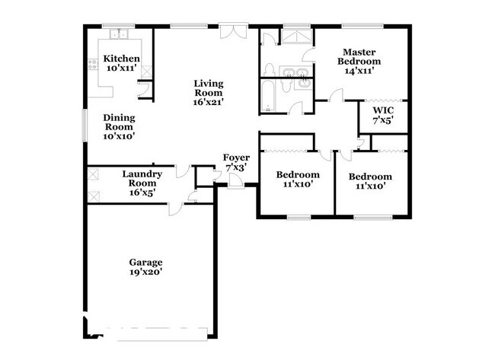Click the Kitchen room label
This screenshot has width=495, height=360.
(x=122, y=59)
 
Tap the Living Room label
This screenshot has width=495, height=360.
(x=208, y=88)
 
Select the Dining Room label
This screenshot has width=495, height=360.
(x=119, y=123)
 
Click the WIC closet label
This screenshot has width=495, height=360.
(x=382, y=111)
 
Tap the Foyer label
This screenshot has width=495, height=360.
(x=236, y=158)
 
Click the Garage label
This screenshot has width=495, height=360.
(x=145, y=263)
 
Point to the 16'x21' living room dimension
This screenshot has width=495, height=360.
(x=208, y=101)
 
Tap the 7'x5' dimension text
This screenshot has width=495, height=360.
(x=382, y=121)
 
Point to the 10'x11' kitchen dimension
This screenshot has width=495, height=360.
(x=122, y=68)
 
